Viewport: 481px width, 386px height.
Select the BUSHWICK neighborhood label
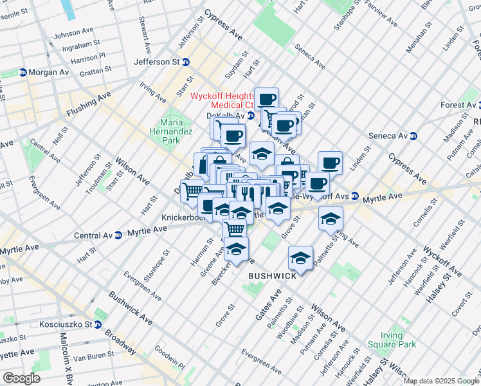[x=273, y=276]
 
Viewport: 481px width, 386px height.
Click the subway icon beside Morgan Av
[x=23, y=72]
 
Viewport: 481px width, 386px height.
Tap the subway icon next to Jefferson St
[x=186, y=62]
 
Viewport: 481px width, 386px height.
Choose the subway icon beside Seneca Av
[x=414, y=136]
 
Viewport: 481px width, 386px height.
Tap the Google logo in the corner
[x=21, y=378]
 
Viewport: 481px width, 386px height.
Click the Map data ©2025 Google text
[x=440, y=381]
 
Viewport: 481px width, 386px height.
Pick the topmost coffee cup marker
[x=266, y=99]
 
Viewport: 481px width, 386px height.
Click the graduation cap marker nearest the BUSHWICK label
[x=300, y=257]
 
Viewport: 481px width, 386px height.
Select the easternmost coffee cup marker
[x=330, y=163]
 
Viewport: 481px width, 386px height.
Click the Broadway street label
[x=122, y=340]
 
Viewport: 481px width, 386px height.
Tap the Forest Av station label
[x=458, y=105]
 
